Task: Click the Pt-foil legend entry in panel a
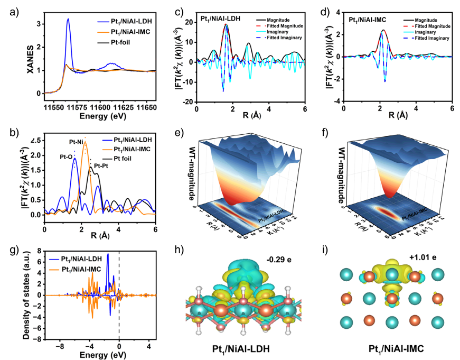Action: [x=136, y=42]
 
